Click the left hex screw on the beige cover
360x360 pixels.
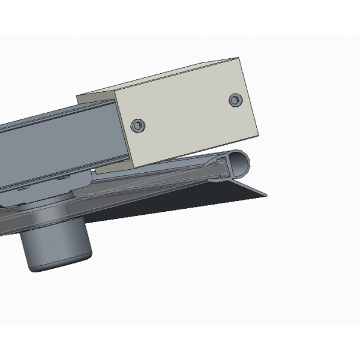tap(139, 125)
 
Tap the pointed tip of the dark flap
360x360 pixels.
tap(266, 194)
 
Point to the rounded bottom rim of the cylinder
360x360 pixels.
tap(57, 267)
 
